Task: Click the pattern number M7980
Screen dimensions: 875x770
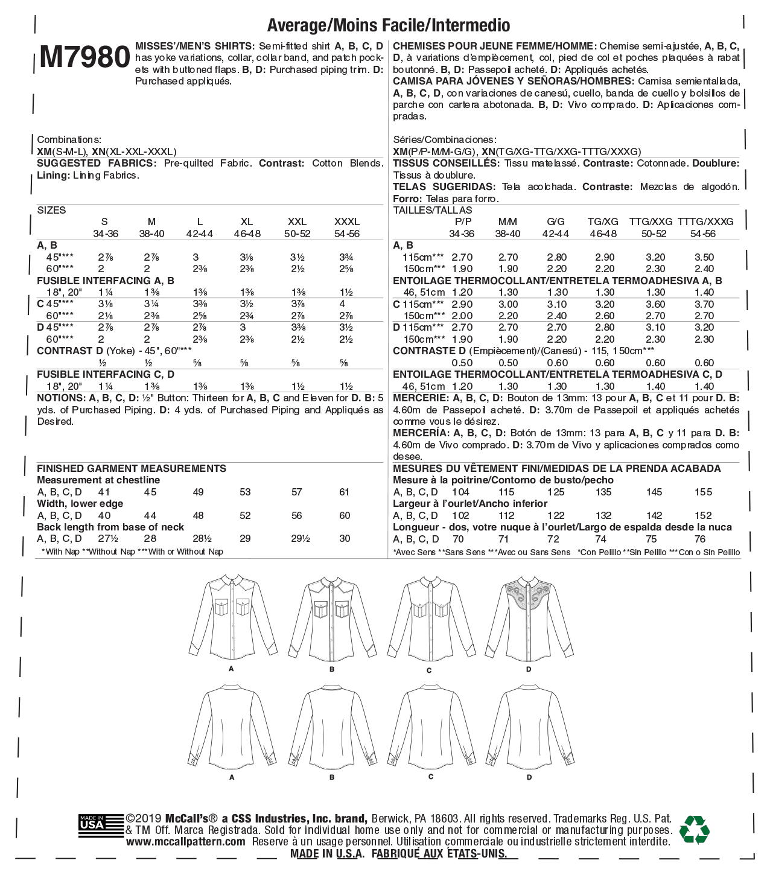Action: [x=84, y=58]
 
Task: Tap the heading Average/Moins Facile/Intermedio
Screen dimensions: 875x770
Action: [x=388, y=25]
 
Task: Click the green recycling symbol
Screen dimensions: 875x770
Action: [x=694, y=830]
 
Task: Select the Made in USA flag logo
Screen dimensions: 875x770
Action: [x=92, y=825]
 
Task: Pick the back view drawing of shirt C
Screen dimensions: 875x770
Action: [x=430, y=727]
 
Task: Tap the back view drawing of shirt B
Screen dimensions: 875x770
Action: [x=332, y=727]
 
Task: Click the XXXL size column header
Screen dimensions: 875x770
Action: [x=346, y=222]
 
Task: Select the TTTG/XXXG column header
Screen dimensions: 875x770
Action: [x=705, y=222]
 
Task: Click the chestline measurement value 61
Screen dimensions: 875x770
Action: [x=345, y=492]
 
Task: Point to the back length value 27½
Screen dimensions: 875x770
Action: [x=107, y=539]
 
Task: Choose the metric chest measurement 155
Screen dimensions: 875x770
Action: [x=703, y=492]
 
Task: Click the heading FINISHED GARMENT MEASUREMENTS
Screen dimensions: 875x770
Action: [x=132, y=469]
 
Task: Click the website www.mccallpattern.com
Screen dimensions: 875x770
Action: [x=186, y=842]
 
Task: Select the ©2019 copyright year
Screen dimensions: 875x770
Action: [x=144, y=819]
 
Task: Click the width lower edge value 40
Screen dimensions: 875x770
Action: [x=104, y=516]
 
